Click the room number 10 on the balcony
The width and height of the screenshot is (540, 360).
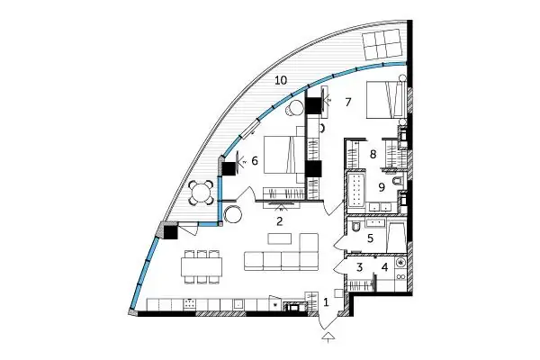click(281, 80)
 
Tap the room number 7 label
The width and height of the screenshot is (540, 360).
click(347, 102)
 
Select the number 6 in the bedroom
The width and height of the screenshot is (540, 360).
click(255, 160)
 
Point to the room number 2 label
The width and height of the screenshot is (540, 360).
click(279, 221)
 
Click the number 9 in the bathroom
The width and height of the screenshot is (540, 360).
click(382, 187)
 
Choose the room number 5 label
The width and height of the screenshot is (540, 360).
click(370, 238)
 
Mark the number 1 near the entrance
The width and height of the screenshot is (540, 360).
click(326, 302)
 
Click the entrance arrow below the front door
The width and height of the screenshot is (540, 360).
click(328, 337)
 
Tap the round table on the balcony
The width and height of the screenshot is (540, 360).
click(202, 193)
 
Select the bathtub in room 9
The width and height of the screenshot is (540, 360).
click(355, 191)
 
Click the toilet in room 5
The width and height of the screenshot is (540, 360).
click(355, 227)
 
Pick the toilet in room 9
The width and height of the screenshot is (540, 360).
click(397, 181)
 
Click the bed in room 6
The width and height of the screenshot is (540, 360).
click(284, 155)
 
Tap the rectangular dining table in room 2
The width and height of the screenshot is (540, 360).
click(202, 267)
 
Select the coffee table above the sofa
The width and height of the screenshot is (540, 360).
click(280, 238)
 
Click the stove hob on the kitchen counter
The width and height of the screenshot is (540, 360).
click(189, 303)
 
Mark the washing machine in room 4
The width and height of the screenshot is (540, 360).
click(400, 263)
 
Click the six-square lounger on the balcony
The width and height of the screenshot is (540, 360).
click(382, 44)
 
